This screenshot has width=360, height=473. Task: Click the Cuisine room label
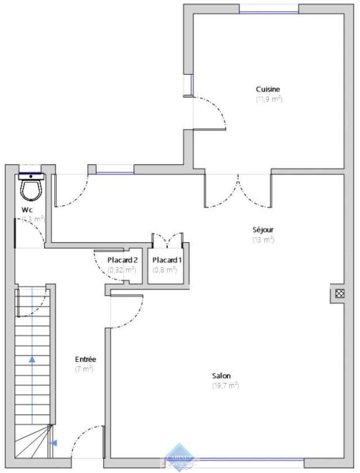point(269,89)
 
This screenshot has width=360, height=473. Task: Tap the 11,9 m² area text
point(269,99)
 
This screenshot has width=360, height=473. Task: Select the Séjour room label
point(263,229)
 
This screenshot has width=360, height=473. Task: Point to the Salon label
point(222,376)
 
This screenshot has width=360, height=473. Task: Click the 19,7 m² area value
point(225,385)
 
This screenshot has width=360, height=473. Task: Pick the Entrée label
point(85,359)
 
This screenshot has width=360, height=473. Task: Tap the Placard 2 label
point(123,260)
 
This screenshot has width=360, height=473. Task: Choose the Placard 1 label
point(167,260)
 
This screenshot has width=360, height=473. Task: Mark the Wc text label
point(27,209)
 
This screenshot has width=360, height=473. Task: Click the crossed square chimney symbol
point(339,293)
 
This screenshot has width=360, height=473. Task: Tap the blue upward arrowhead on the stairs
point(32,359)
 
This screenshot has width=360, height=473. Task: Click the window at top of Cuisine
point(269,11)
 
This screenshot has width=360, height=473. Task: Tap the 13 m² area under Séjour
point(263,240)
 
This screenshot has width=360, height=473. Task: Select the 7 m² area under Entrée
point(85,369)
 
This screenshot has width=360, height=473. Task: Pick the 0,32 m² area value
point(122,270)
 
